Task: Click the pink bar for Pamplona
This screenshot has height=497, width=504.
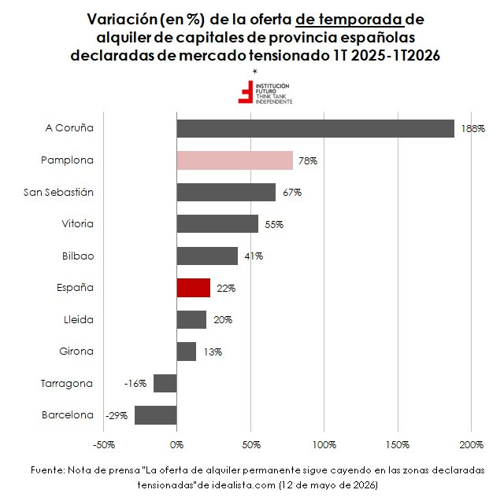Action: (x=235, y=160)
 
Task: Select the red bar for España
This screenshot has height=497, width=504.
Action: (x=194, y=288)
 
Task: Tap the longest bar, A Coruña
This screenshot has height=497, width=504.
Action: (x=315, y=128)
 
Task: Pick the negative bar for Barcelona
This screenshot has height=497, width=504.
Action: (x=156, y=415)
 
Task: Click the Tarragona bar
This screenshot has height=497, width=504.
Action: (x=165, y=383)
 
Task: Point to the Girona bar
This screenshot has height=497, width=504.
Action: (x=186, y=352)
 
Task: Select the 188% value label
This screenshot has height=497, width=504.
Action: (x=473, y=129)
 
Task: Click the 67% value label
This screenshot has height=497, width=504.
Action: (x=292, y=193)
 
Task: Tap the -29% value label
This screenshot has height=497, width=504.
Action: (x=117, y=416)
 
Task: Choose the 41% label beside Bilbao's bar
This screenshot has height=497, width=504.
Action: (x=254, y=256)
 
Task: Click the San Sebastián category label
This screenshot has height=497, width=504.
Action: (x=58, y=192)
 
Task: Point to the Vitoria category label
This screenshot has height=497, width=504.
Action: (x=77, y=223)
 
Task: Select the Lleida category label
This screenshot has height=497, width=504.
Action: (x=79, y=319)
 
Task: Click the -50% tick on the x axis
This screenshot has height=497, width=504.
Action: (x=103, y=444)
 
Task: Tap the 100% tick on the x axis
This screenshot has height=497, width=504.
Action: (x=324, y=444)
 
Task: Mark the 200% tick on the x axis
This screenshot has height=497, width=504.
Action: (x=471, y=444)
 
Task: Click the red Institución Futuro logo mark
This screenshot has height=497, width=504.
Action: (x=246, y=92)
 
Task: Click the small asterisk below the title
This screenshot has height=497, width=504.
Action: (x=255, y=71)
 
